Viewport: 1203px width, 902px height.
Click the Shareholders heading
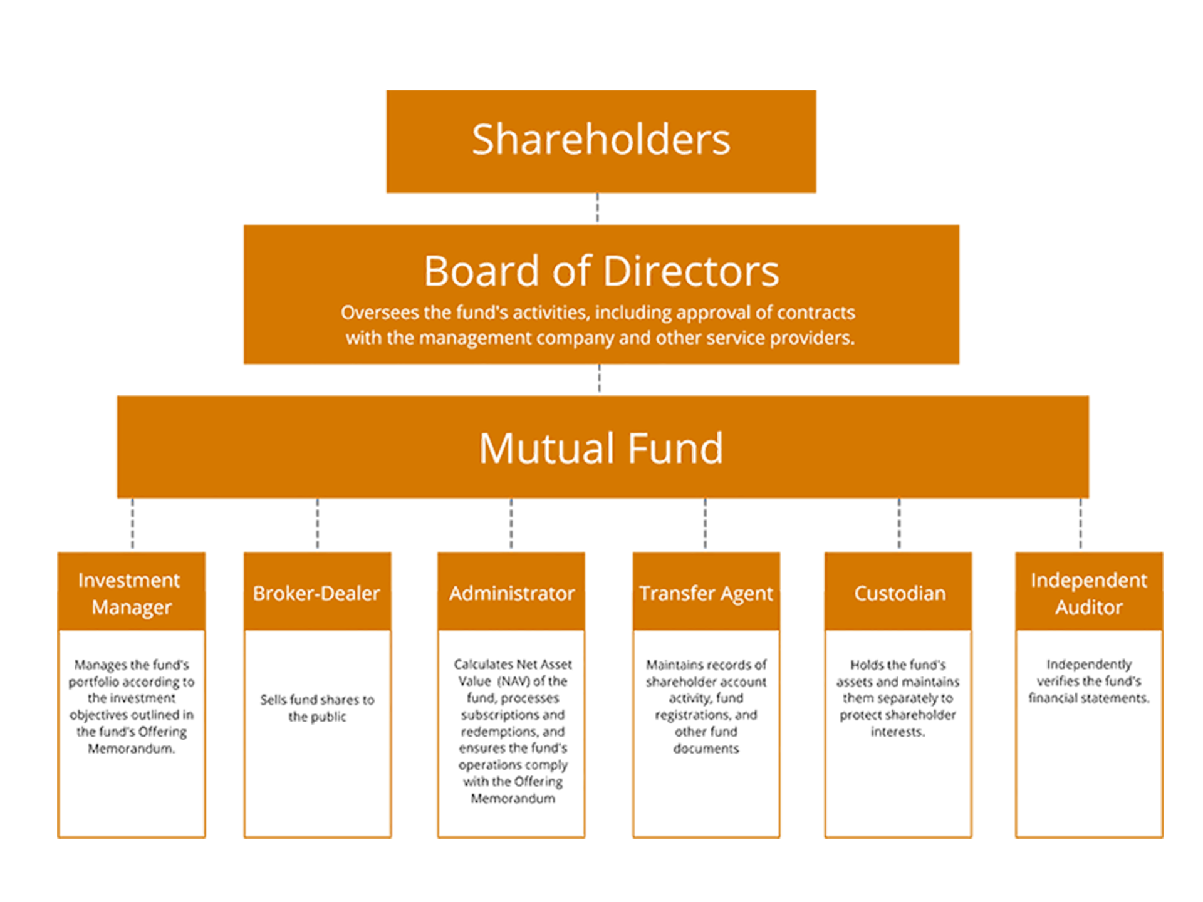[601, 139]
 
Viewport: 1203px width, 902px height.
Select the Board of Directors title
[601, 271]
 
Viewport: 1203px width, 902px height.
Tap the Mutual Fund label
[600, 448]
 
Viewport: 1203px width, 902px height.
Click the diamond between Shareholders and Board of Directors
[597, 208]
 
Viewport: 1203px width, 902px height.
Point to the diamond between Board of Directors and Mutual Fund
[599, 379]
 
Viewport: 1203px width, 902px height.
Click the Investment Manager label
[132, 594]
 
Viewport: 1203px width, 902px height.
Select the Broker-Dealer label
[316, 594]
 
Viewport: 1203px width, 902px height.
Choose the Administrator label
[511, 594]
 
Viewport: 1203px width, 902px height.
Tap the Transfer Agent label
[706, 594]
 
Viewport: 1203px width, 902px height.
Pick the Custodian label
[900, 594]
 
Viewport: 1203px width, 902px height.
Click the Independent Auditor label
[1090, 594]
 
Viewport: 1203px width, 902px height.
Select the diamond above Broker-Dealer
[317, 524]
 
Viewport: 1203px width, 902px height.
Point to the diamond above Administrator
[511, 524]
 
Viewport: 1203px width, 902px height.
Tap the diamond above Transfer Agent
[705, 524]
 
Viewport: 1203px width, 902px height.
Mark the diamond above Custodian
[899, 524]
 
